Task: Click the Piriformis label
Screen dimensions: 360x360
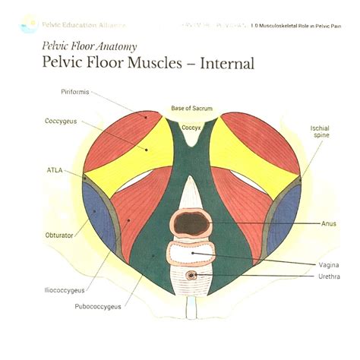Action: point(75,92)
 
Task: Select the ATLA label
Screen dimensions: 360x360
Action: point(55,170)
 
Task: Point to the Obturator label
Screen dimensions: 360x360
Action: point(60,235)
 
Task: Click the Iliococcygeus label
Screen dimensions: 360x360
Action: point(64,290)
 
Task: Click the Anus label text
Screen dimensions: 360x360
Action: point(329,224)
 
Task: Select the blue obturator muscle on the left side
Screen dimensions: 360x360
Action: point(99,213)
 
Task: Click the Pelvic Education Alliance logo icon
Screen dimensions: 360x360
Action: point(29,25)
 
